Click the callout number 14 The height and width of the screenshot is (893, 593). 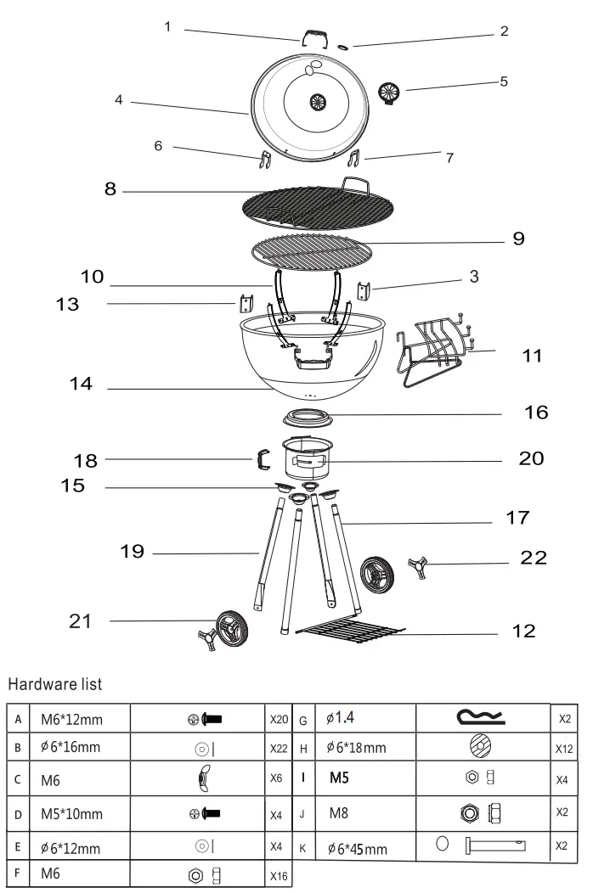[82, 385]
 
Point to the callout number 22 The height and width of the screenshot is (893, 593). [533, 558]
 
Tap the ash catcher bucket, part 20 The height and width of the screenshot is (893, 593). [308, 459]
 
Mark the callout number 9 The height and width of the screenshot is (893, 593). [518, 239]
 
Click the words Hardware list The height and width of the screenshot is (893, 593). [55, 682]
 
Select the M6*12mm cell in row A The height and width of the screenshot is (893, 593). [72, 720]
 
